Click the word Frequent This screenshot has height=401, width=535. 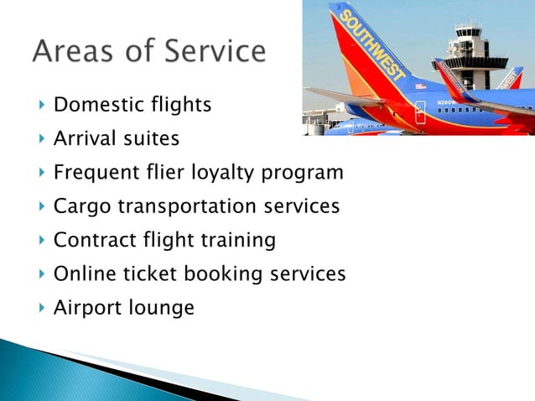(x=95, y=174)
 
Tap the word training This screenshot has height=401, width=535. (x=237, y=241)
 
